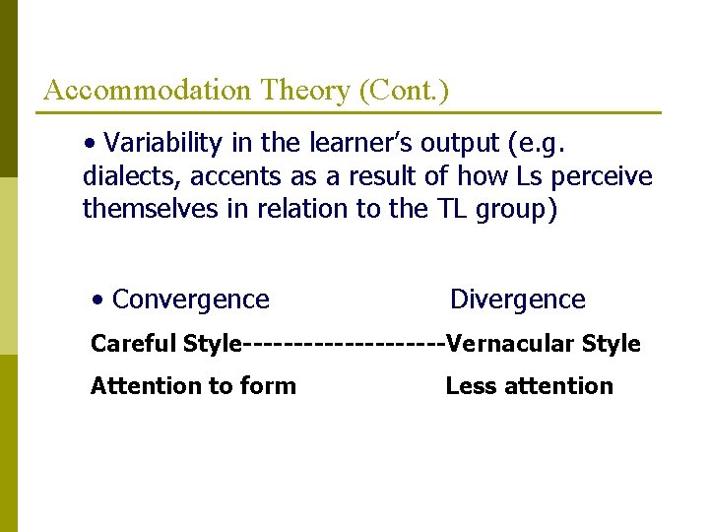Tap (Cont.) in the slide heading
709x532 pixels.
tap(404, 91)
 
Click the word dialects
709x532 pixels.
tap(132, 176)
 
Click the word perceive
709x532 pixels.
tap(607, 176)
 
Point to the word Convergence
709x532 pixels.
tap(190, 299)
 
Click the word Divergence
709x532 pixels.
tap(517, 299)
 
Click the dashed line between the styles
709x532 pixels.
tap(344, 344)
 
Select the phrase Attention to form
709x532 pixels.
tap(193, 386)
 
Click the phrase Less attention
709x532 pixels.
tap(529, 386)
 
